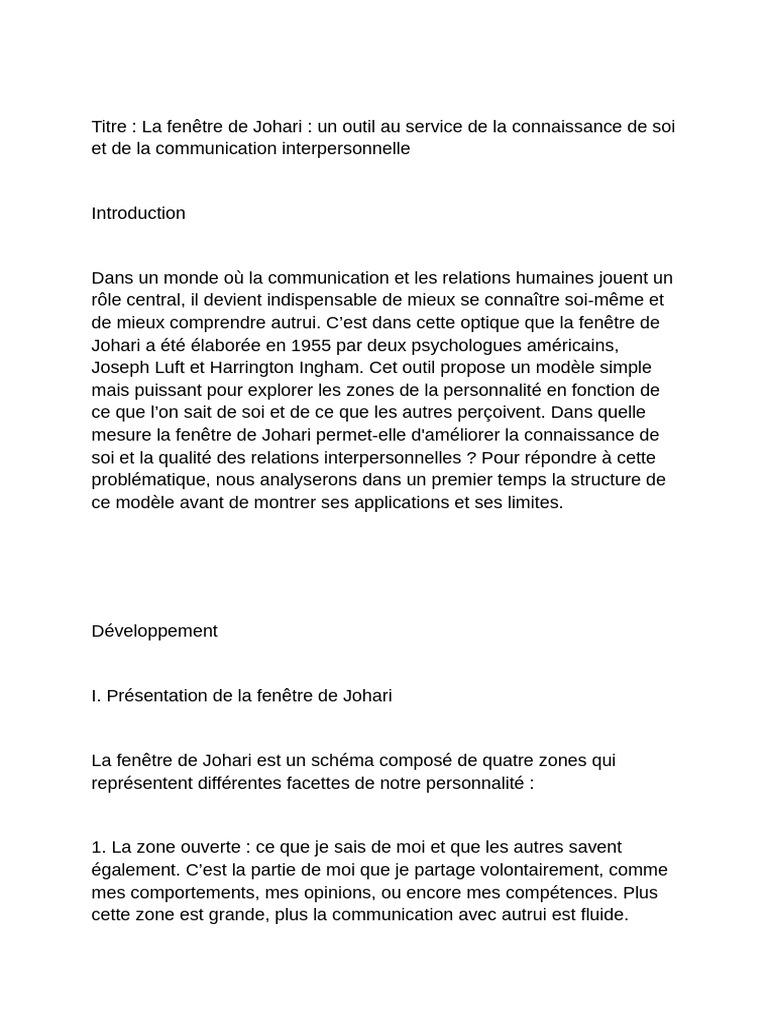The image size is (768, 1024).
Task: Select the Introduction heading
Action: pyautogui.click(x=138, y=213)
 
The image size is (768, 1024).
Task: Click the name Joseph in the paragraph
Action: pyautogui.click(x=119, y=366)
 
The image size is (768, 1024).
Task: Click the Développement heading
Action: pyautogui.click(x=154, y=631)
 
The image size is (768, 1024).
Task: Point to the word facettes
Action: pyautogui.click(x=292, y=782)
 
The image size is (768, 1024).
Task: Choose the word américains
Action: pyautogui.click(x=608, y=344)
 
